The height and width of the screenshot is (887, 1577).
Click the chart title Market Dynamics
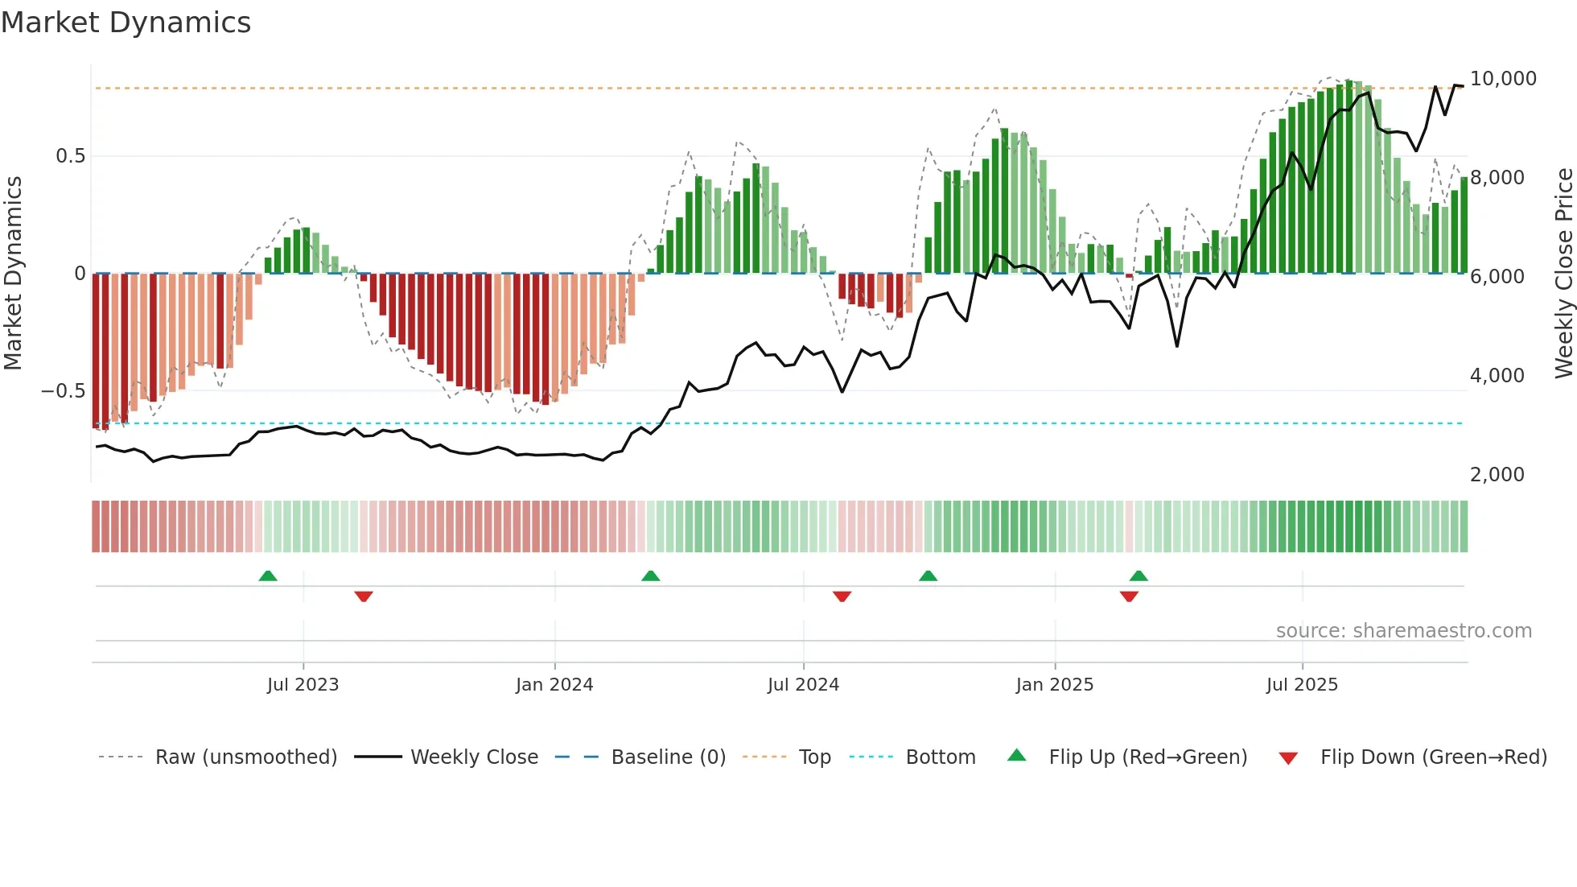click(x=126, y=23)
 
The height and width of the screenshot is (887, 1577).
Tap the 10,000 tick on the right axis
click(x=1502, y=79)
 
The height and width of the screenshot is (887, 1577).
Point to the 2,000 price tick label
click(x=1497, y=475)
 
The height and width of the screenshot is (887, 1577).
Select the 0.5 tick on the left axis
click(x=70, y=156)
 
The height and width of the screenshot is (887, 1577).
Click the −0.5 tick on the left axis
click(x=64, y=391)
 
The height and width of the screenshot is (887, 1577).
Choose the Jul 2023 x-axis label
click(x=303, y=685)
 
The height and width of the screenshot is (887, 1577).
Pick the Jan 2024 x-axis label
click(x=554, y=685)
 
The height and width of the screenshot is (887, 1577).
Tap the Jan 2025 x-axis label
click(x=1054, y=685)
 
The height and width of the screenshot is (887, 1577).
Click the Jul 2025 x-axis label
click(x=1302, y=685)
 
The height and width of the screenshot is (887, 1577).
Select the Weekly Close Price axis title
click(x=1563, y=274)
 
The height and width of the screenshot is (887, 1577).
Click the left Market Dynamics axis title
click(x=13, y=274)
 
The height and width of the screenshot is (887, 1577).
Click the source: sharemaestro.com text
click(x=1403, y=631)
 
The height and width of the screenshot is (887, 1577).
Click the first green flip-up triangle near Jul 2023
click(x=268, y=576)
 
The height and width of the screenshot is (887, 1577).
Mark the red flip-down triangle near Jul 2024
click(x=842, y=596)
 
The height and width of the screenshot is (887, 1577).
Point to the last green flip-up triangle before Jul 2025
click(x=1138, y=576)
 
